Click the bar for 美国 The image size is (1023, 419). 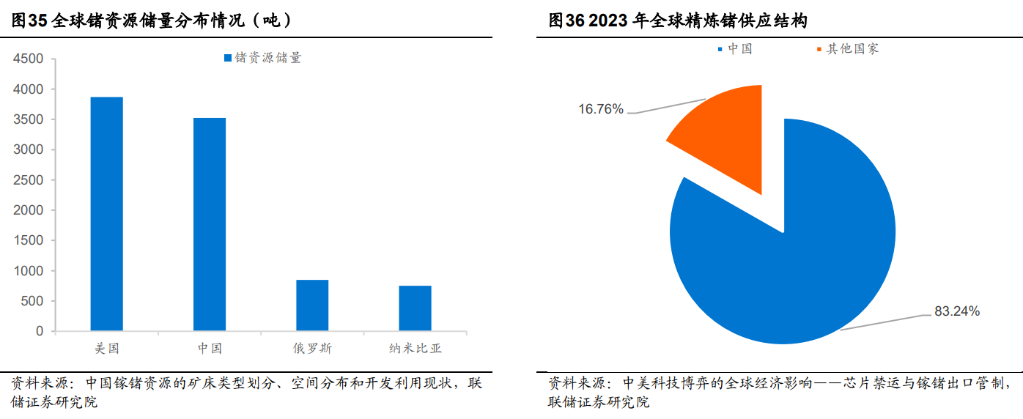tap(107, 213)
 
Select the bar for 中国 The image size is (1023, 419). tap(210, 224)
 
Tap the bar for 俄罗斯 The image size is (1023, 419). tap(312, 305)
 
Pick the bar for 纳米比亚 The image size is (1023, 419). tap(415, 308)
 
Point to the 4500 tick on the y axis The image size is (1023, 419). tap(29, 59)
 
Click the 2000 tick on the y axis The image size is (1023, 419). tap(29, 210)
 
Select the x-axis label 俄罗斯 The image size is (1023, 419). tap(312, 349)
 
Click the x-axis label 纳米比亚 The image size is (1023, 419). tap(415, 349)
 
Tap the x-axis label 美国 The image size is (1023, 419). tap(107, 349)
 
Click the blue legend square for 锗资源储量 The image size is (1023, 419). tap(228, 58)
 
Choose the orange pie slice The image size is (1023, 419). tap(725, 136)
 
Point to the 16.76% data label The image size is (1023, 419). tap(600, 109)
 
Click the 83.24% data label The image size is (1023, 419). tap(956, 311)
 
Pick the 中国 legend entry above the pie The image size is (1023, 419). tap(739, 49)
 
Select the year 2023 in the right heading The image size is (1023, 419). tap(607, 21)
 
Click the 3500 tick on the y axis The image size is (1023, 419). tap(29, 119)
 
